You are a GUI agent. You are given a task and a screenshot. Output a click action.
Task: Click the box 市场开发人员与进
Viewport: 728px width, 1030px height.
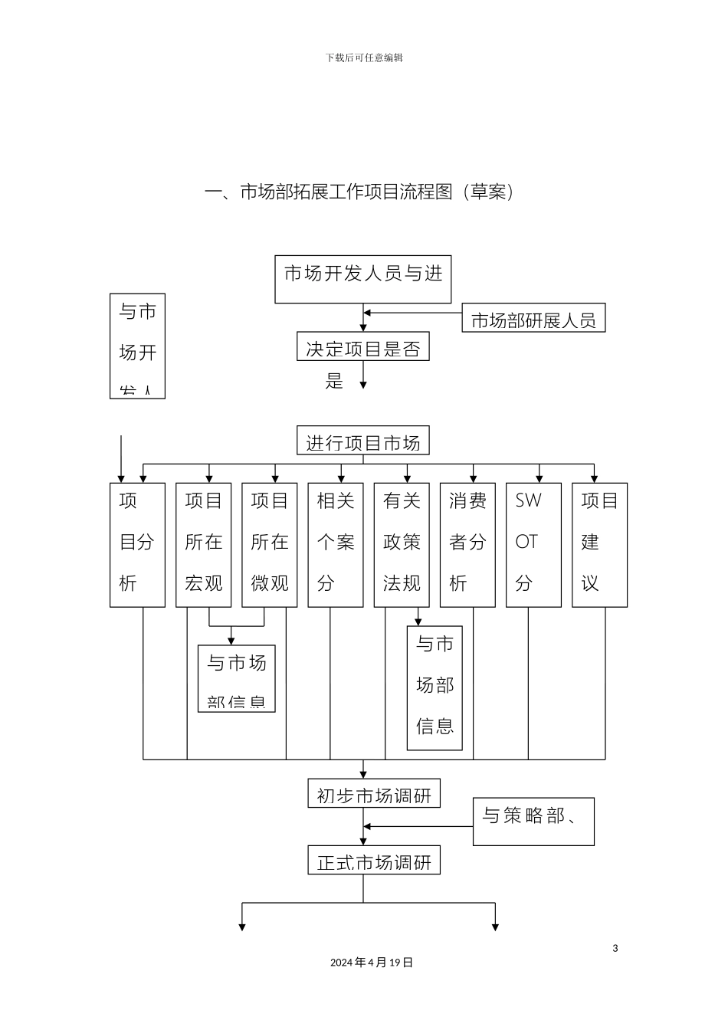click(363, 279)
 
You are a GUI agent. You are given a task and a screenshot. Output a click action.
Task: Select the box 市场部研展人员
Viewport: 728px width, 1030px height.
click(533, 318)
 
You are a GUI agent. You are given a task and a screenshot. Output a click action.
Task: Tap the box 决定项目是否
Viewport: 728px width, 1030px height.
click(363, 346)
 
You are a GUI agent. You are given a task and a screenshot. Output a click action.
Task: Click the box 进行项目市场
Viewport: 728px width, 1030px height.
click(363, 441)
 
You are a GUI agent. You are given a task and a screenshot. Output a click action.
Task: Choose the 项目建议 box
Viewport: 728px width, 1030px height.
click(599, 544)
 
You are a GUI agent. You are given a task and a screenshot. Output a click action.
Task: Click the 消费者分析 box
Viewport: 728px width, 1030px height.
click(467, 544)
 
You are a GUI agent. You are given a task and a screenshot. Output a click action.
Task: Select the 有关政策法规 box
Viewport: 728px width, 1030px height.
click(402, 544)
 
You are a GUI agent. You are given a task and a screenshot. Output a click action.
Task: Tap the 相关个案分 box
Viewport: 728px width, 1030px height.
click(336, 544)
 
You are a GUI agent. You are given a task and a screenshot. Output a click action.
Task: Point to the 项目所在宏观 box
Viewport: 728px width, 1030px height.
click(203, 544)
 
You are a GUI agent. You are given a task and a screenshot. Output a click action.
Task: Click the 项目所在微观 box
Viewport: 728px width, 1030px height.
click(269, 544)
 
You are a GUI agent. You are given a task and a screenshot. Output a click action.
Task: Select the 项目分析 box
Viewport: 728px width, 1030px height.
click(137, 544)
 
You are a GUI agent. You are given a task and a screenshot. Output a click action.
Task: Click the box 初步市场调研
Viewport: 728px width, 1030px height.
click(374, 794)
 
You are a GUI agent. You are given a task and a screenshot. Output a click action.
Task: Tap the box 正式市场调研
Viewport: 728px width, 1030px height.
click(374, 861)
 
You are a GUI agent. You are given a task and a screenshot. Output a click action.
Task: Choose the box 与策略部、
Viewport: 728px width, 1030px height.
click(533, 822)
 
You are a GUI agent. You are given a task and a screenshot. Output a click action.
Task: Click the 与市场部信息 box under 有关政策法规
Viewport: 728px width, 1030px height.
click(435, 687)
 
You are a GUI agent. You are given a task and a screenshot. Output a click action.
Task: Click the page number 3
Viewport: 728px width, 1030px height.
click(615, 948)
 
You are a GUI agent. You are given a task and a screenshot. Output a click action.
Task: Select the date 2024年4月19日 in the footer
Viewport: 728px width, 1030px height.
click(372, 963)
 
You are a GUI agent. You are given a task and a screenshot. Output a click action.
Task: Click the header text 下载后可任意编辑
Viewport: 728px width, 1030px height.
click(364, 57)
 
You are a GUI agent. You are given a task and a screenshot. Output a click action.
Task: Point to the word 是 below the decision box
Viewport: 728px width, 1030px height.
click(335, 381)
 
